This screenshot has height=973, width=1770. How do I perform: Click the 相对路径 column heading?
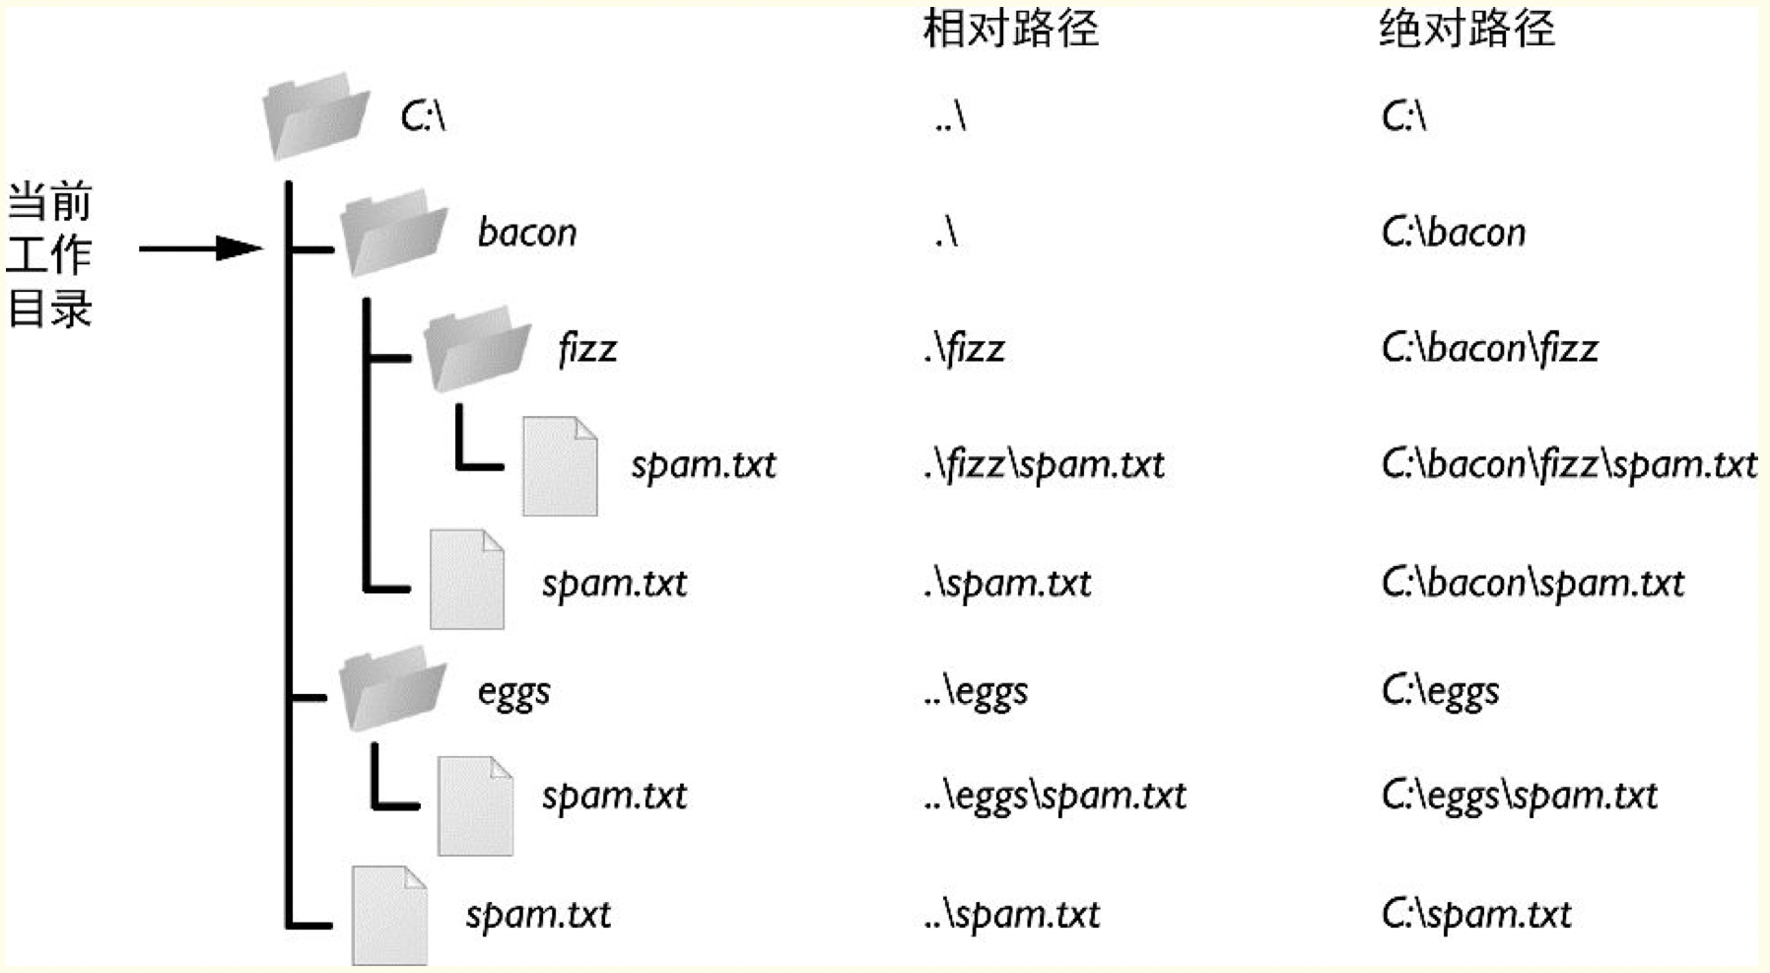1010,29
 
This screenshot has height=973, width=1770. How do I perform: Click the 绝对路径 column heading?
1465,29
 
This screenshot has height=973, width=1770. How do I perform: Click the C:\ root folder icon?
315,115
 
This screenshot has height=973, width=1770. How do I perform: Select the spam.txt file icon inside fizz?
559,466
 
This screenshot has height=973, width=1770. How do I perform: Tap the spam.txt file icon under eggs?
475,805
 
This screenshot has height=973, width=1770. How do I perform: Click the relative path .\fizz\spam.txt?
1044,464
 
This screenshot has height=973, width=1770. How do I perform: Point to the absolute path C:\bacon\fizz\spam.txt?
1569,464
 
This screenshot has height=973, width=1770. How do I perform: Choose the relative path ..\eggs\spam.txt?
1055,796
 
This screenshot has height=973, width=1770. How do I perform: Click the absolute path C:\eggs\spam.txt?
1519,796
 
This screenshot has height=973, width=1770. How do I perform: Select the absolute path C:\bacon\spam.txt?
1532,584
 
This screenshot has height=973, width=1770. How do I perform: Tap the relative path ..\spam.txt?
1011,915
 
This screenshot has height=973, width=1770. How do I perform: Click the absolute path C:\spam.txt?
1475,915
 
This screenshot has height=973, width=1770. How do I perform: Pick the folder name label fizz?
587,349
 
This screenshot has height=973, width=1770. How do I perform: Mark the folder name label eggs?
513,692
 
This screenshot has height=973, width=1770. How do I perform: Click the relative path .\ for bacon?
945,233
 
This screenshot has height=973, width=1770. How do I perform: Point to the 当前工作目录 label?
49,254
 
